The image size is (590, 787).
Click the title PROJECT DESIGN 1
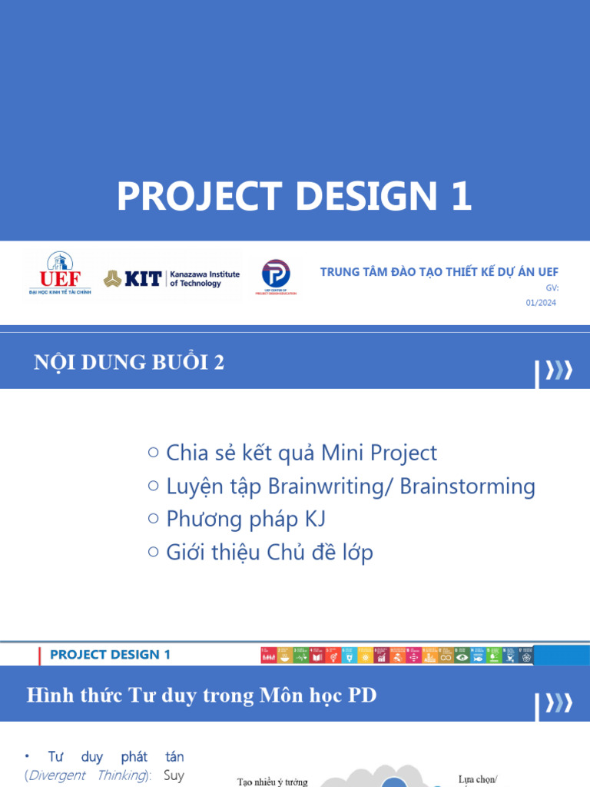click(x=294, y=197)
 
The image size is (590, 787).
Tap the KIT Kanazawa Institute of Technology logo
click(x=172, y=278)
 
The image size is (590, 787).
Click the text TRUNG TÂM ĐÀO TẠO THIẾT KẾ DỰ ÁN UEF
click(x=439, y=272)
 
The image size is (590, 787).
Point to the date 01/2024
click(x=541, y=303)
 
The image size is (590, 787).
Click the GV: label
click(x=552, y=287)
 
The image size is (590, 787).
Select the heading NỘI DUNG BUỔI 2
click(x=129, y=363)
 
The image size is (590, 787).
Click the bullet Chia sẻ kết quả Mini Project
click(x=301, y=453)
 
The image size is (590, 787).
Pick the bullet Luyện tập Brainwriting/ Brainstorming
click(x=350, y=486)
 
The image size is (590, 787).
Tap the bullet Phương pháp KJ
click(x=246, y=519)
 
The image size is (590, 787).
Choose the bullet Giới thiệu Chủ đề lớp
click(x=269, y=552)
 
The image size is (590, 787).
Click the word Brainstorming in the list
click(x=467, y=486)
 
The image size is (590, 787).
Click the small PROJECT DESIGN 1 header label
click(x=110, y=655)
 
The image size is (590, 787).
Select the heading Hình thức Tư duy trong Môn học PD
click(x=201, y=696)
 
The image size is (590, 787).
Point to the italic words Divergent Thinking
click(x=87, y=775)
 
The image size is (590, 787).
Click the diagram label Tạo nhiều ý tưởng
click(x=272, y=782)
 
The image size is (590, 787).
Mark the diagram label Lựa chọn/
click(x=478, y=779)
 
